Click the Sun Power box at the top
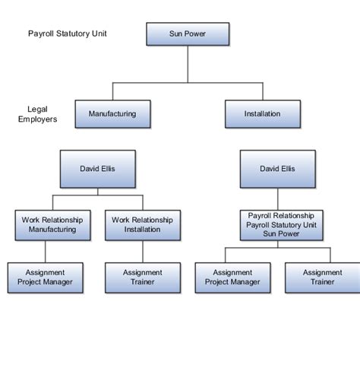coord(187,34)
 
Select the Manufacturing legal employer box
coord(112,114)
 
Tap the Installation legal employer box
coord(262,114)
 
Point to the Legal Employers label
coord(37,114)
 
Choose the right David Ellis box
coord(277,169)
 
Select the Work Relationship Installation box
coord(142,224)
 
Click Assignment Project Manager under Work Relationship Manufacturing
coord(45,277)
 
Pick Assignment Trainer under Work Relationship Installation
coord(142,277)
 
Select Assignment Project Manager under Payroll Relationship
coord(232,277)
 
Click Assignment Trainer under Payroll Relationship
coord(322,277)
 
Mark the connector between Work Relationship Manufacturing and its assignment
coord(46,251)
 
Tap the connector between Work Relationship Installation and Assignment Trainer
coord(142,251)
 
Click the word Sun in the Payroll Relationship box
coord(266,234)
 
